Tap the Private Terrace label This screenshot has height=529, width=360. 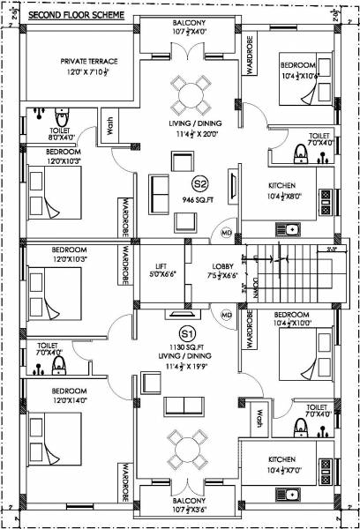[x=88, y=61]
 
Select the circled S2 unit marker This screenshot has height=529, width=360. [x=199, y=183]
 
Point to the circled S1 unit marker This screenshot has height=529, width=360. [x=186, y=333]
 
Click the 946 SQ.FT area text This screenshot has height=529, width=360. [x=199, y=200]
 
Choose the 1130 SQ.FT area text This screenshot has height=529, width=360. [x=186, y=349]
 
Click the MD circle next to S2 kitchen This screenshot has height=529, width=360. [x=226, y=233]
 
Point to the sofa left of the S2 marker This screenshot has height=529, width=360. [x=161, y=188]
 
